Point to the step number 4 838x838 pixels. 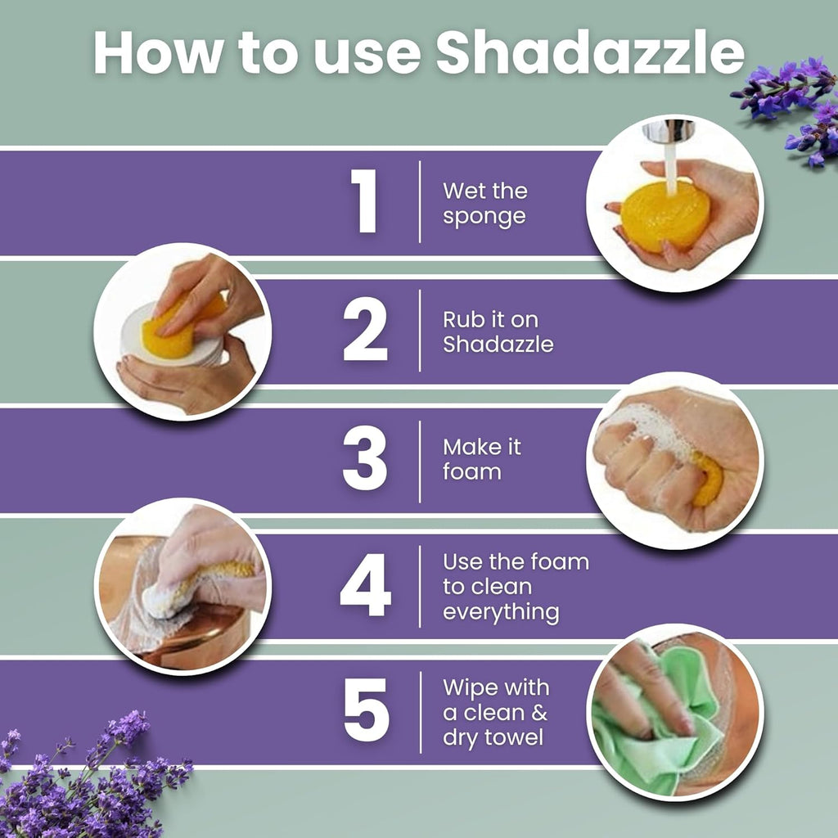[x=365, y=587]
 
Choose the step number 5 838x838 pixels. [x=366, y=714]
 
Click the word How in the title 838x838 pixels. [x=155, y=54]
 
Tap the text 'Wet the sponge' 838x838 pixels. [x=484, y=204]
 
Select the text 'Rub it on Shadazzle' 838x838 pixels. [x=498, y=331]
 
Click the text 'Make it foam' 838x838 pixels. [x=482, y=459]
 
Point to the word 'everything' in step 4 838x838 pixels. [x=501, y=613]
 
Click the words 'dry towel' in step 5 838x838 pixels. [x=493, y=738]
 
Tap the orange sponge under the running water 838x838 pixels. [x=663, y=216]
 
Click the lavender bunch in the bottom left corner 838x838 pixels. [x=90, y=777]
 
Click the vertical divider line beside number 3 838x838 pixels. [x=420, y=461]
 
